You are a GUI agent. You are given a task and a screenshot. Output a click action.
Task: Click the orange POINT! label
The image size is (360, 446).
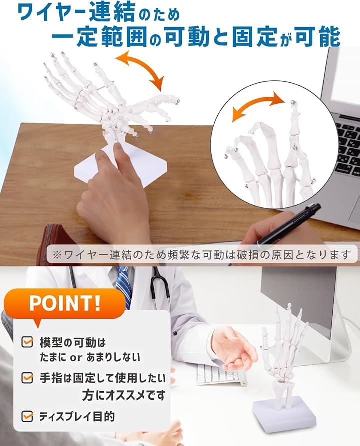point(65,304)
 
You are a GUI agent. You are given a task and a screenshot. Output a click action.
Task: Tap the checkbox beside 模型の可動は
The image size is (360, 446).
point(27,342)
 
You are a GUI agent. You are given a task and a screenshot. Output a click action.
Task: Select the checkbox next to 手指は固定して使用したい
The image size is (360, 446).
point(27,378)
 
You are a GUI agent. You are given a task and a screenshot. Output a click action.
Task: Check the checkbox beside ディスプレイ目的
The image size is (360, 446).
point(27,416)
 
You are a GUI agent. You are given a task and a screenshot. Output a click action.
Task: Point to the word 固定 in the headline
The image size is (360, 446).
point(254,37)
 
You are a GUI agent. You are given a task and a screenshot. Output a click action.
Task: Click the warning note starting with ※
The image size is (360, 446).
point(202,255)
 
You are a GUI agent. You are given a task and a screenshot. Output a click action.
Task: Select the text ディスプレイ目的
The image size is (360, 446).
point(77,417)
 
